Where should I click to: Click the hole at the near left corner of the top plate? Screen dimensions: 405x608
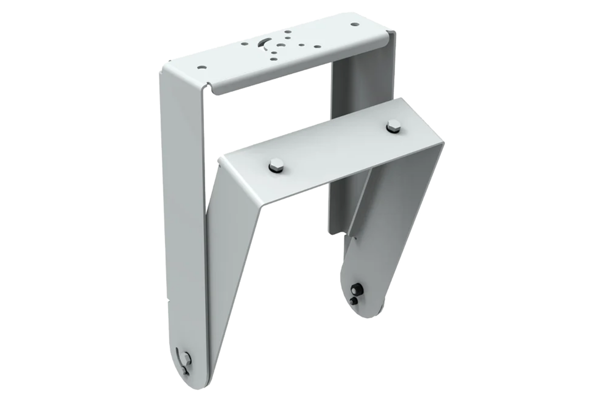(202, 67)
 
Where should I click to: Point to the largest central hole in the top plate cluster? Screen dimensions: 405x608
(281, 46)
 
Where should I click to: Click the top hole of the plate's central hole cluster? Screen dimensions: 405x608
(288, 32)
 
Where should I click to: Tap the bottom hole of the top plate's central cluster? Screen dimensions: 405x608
(274, 59)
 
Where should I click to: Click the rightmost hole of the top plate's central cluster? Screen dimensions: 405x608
(318, 47)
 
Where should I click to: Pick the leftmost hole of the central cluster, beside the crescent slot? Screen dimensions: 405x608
(245, 44)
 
